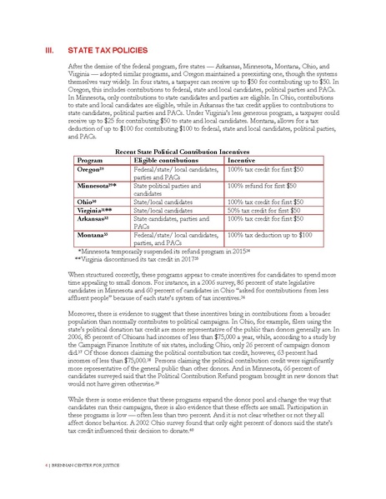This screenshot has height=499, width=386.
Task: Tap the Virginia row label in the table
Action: [96, 210]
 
